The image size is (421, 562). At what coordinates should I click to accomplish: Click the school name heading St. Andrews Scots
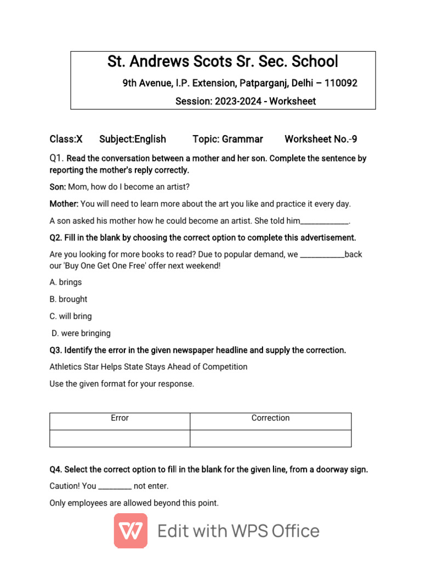coord(223,61)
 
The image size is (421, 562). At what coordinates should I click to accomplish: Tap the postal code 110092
coord(341,83)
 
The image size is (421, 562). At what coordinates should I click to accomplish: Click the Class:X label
coord(66,139)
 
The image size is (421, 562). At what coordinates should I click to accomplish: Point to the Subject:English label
coord(133,139)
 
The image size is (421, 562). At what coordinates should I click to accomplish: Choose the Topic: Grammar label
coord(227,139)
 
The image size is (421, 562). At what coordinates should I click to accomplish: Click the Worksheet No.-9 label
coord(321,139)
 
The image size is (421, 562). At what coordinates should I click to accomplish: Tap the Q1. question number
coord(57,158)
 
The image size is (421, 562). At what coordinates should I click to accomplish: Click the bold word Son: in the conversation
coord(58,187)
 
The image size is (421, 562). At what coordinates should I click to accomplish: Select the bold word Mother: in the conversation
coord(64,204)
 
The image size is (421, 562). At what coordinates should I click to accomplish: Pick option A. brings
coord(65,282)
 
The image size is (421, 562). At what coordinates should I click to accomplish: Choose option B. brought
coord(68,299)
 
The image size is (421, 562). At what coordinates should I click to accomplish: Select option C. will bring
coord(70,316)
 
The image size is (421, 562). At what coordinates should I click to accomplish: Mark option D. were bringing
coord(81,333)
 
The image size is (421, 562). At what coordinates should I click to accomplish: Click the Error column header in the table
coord(120,418)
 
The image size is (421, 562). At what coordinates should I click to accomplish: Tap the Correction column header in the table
coord(270,418)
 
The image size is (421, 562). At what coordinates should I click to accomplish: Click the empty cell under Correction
coord(270,439)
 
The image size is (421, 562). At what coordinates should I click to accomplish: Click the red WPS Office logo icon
coord(130,531)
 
